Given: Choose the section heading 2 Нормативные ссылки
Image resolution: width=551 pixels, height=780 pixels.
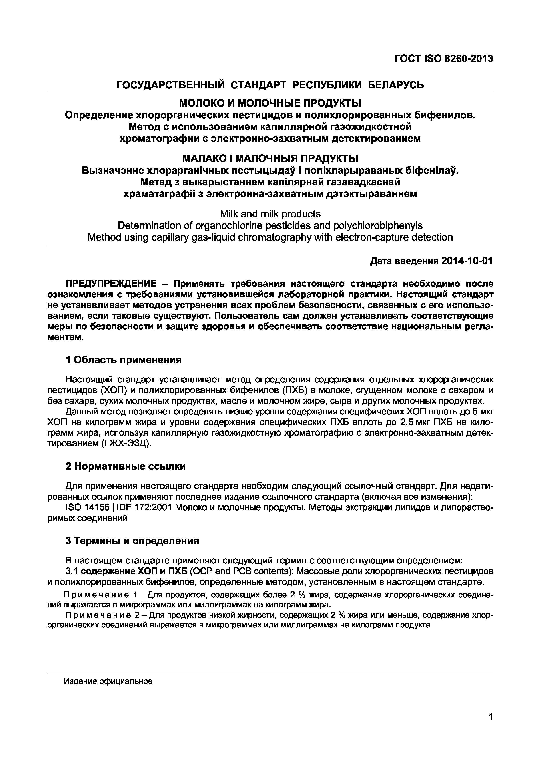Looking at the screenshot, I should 125,466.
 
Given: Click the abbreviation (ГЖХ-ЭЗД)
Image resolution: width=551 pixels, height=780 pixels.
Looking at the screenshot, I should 125,444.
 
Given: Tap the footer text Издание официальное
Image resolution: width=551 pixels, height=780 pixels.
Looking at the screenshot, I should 108,681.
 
